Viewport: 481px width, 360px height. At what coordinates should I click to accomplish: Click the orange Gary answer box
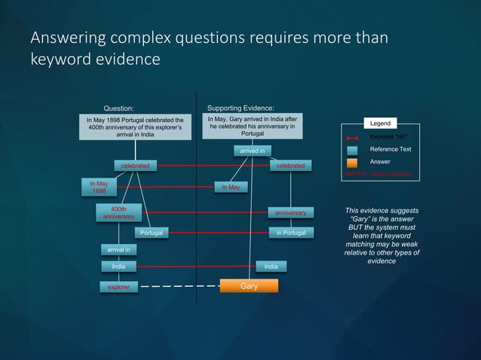pyautogui.click(x=249, y=286)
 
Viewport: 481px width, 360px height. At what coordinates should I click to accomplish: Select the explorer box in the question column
pyautogui.click(x=118, y=287)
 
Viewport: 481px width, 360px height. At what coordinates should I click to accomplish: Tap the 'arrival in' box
pyautogui.click(x=118, y=249)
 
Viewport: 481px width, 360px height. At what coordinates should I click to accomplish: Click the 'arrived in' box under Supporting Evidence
pyautogui.click(x=252, y=152)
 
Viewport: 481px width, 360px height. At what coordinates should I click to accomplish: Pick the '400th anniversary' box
pyautogui.click(x=118, y=213)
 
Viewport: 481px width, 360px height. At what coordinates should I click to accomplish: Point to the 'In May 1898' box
pyautogui.click(x=99, y=187)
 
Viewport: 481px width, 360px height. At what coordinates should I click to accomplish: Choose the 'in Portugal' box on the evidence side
pyautogui.click(x=290, y=233)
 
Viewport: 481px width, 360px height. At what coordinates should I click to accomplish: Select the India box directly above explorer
pyautogui.click(x=118, y=267)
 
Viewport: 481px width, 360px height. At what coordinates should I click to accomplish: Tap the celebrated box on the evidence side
pyautogui.click(x=290, y=166)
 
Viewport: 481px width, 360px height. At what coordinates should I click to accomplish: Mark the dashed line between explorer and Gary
pyautogui.click(x=179, y=287)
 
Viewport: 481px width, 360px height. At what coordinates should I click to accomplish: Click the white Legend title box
pyautogui.click(x=381, y=124)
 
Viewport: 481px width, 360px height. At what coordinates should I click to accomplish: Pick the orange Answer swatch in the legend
pyautogui.click(x=352, y=162)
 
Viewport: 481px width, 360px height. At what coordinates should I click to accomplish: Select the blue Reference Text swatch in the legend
pyautogui.click(x=352, y=150)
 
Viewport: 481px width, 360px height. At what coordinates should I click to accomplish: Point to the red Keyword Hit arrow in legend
pyautogui.click(x=352, y=138)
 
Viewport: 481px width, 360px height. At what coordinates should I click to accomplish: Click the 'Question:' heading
pyautogui.click(x=118, y=108)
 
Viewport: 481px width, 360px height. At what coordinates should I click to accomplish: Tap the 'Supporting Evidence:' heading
pyautogui.click(x=240, y=108)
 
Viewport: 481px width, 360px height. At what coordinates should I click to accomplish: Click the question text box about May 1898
pyautogui.click(x=135, y=127)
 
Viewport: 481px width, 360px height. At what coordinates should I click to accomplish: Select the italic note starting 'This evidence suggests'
pyautogui.click(x=381, y=236)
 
